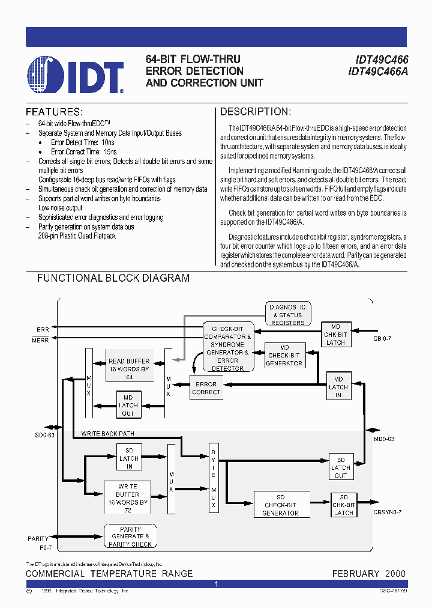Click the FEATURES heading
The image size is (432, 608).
tap(53, 112)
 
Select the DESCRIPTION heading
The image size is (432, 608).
tap(255, 112)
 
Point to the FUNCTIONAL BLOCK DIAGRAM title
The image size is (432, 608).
tap(113, 278)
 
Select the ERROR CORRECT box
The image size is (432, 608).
tap(206, 388)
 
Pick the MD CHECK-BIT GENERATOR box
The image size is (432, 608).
tap(284, 355)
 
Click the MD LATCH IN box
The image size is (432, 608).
tap(338, 387)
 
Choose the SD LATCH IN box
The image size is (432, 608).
tap(128, 458)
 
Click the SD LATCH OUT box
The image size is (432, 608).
tap(341, 467)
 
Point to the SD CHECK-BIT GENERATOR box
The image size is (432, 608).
tap(281, 505)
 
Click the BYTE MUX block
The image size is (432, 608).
tap(213, 478)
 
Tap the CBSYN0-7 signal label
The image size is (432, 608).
tap(388, 511)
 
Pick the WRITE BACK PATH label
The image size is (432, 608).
tap(108, 433)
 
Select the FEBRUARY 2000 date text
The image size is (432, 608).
tap(368, 574)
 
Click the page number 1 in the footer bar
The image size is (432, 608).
tap(216, 584)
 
